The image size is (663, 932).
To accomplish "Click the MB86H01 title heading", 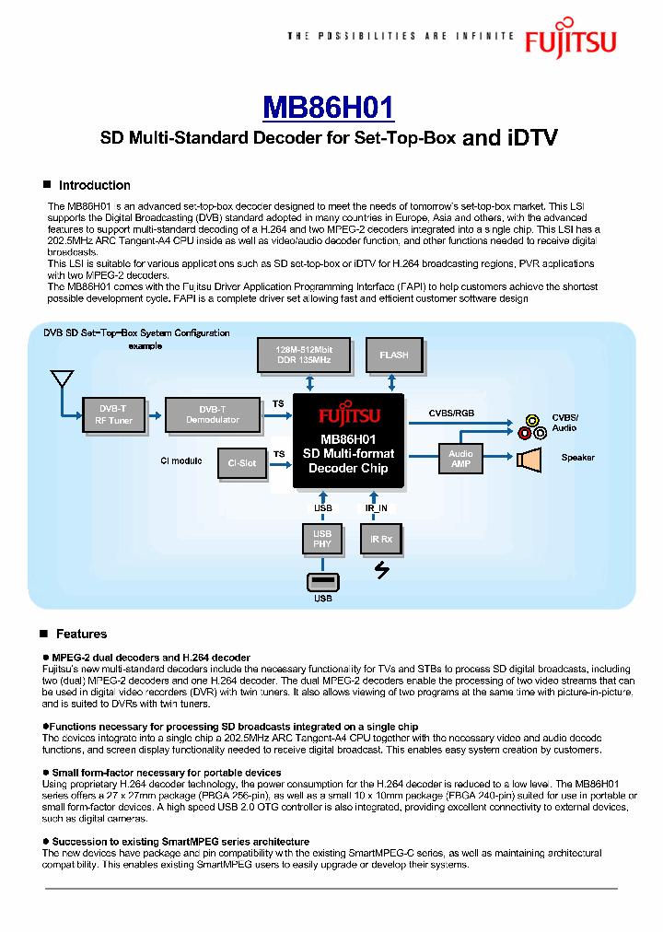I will [x=329, y=107].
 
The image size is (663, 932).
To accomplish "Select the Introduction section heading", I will [x=94, y=185].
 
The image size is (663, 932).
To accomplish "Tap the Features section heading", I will [x=81, y=634].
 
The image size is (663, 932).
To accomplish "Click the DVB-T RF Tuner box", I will [x=113, y=414].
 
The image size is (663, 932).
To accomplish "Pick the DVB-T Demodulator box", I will [x=212, y=414].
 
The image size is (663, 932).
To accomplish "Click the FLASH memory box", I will [x=393, y=355].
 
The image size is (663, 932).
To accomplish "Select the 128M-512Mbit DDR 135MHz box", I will [x=303, y=355].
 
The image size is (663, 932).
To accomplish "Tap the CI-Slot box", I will [x=241, y=463].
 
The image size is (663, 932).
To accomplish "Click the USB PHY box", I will [x=321, y=539].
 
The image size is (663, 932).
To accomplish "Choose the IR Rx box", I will [x=380, y=539].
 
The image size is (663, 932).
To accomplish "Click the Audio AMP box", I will [x=460, y=459].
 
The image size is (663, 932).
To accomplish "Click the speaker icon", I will [x=531, y=459].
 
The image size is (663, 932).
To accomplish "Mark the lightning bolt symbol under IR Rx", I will [x=381, y=571].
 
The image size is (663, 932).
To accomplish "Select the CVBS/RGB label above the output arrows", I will [x=451, y=413].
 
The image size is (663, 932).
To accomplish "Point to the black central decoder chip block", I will [x=348, y=440].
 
